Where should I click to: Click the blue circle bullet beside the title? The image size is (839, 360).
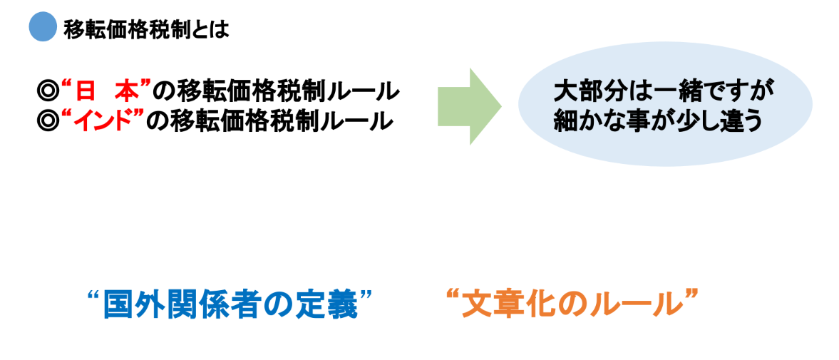[42, 28]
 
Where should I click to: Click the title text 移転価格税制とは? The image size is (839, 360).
[145, 29]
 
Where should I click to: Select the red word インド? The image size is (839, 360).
[106, 120]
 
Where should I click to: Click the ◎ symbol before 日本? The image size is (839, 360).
[48, 92]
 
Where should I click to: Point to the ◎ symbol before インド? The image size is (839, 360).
[48, 121]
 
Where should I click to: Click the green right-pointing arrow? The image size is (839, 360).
[469, 106]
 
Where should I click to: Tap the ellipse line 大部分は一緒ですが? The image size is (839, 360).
[663, 93]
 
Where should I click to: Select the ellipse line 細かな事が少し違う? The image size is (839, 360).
[658, 120]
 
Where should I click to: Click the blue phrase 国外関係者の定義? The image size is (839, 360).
[230, 305]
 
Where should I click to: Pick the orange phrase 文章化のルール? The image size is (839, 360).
[568, 304]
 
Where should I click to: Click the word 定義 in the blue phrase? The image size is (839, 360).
[331, 305]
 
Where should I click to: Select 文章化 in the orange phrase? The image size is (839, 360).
[509, 304]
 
